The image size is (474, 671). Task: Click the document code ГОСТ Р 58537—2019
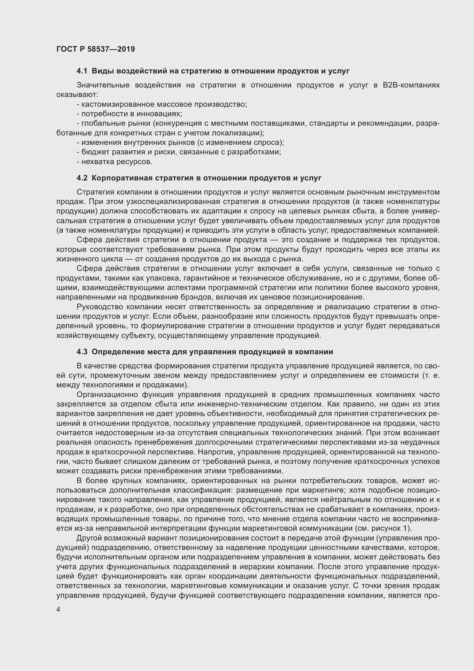(95, 49)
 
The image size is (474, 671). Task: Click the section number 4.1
(82, 71)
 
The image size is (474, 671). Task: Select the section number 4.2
(82, 178)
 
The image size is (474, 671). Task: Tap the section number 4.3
(82, 352)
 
